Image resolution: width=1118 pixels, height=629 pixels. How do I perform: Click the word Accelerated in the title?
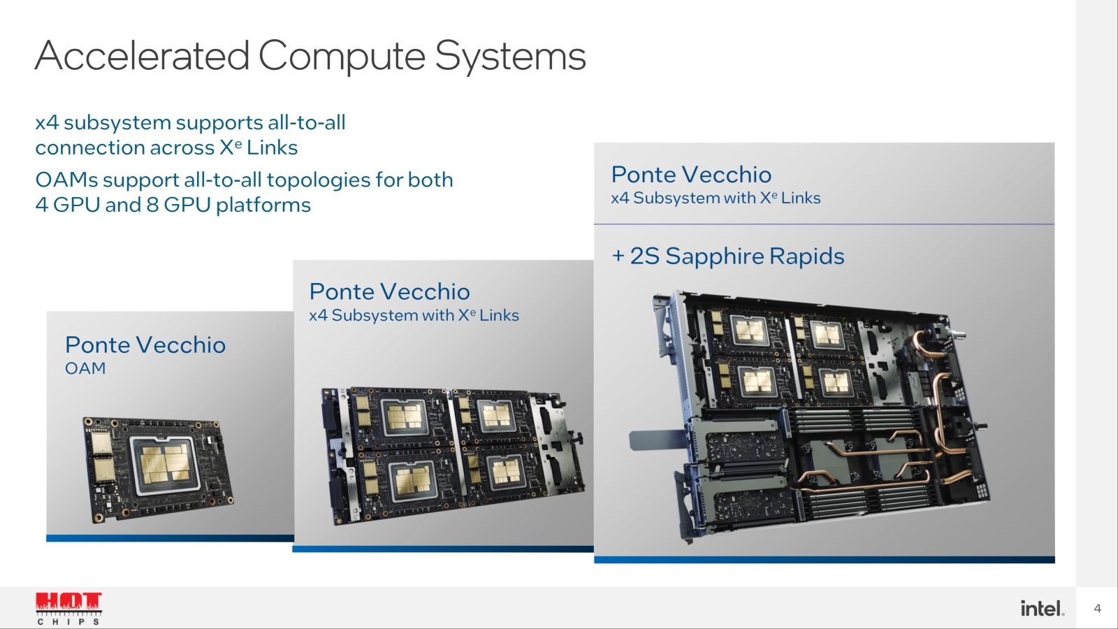coord(143,55)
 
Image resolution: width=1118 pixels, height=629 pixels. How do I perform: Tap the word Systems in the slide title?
coord(510,57)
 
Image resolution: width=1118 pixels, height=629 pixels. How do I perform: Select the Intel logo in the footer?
coord(1042,608)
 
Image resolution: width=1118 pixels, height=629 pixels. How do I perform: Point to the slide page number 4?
coord(1097,608)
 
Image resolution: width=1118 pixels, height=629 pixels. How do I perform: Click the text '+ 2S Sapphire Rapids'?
coord(727,256)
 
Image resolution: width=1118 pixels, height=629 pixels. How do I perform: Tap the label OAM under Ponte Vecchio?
coord(85,368)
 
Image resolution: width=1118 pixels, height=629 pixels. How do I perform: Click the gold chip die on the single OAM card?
coord(164,465)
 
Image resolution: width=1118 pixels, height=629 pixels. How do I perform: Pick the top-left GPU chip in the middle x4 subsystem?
coord(405,417)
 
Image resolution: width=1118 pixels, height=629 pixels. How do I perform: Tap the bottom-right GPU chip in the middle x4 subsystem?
coord(506,471)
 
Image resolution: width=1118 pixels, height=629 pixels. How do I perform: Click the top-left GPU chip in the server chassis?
coord(750,331)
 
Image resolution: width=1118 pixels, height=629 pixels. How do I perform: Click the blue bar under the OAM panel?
coord(170,538)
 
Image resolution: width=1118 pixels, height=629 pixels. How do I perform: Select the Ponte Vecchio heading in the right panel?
coord(691,175)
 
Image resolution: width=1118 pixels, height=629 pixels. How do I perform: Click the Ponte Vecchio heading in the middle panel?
coord(389,292)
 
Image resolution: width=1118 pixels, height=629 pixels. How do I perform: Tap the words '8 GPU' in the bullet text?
coord(179,205)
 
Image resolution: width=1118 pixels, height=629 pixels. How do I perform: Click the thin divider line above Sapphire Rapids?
coord(824,224)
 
